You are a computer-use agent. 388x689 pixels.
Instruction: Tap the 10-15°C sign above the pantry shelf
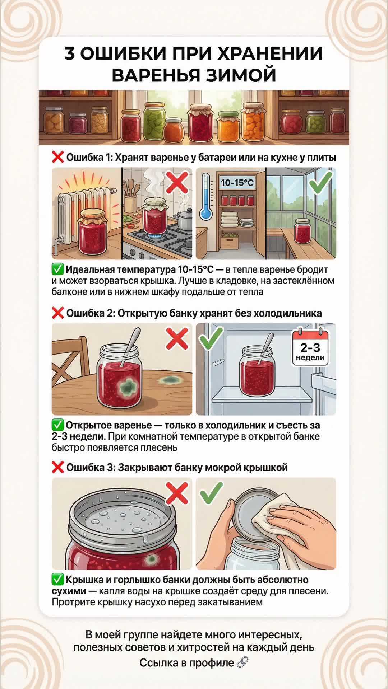pos(237,183)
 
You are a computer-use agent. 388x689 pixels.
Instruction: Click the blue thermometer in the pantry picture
pos(206,196)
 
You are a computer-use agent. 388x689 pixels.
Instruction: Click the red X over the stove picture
pos(177,182)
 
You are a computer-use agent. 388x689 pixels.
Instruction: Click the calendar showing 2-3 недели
pos(310,347)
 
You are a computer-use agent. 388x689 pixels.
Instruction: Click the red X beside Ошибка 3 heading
pos(58,467)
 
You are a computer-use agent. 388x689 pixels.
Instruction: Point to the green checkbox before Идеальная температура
pos(57,269)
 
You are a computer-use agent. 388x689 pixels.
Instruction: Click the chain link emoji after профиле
pos(242,662)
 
